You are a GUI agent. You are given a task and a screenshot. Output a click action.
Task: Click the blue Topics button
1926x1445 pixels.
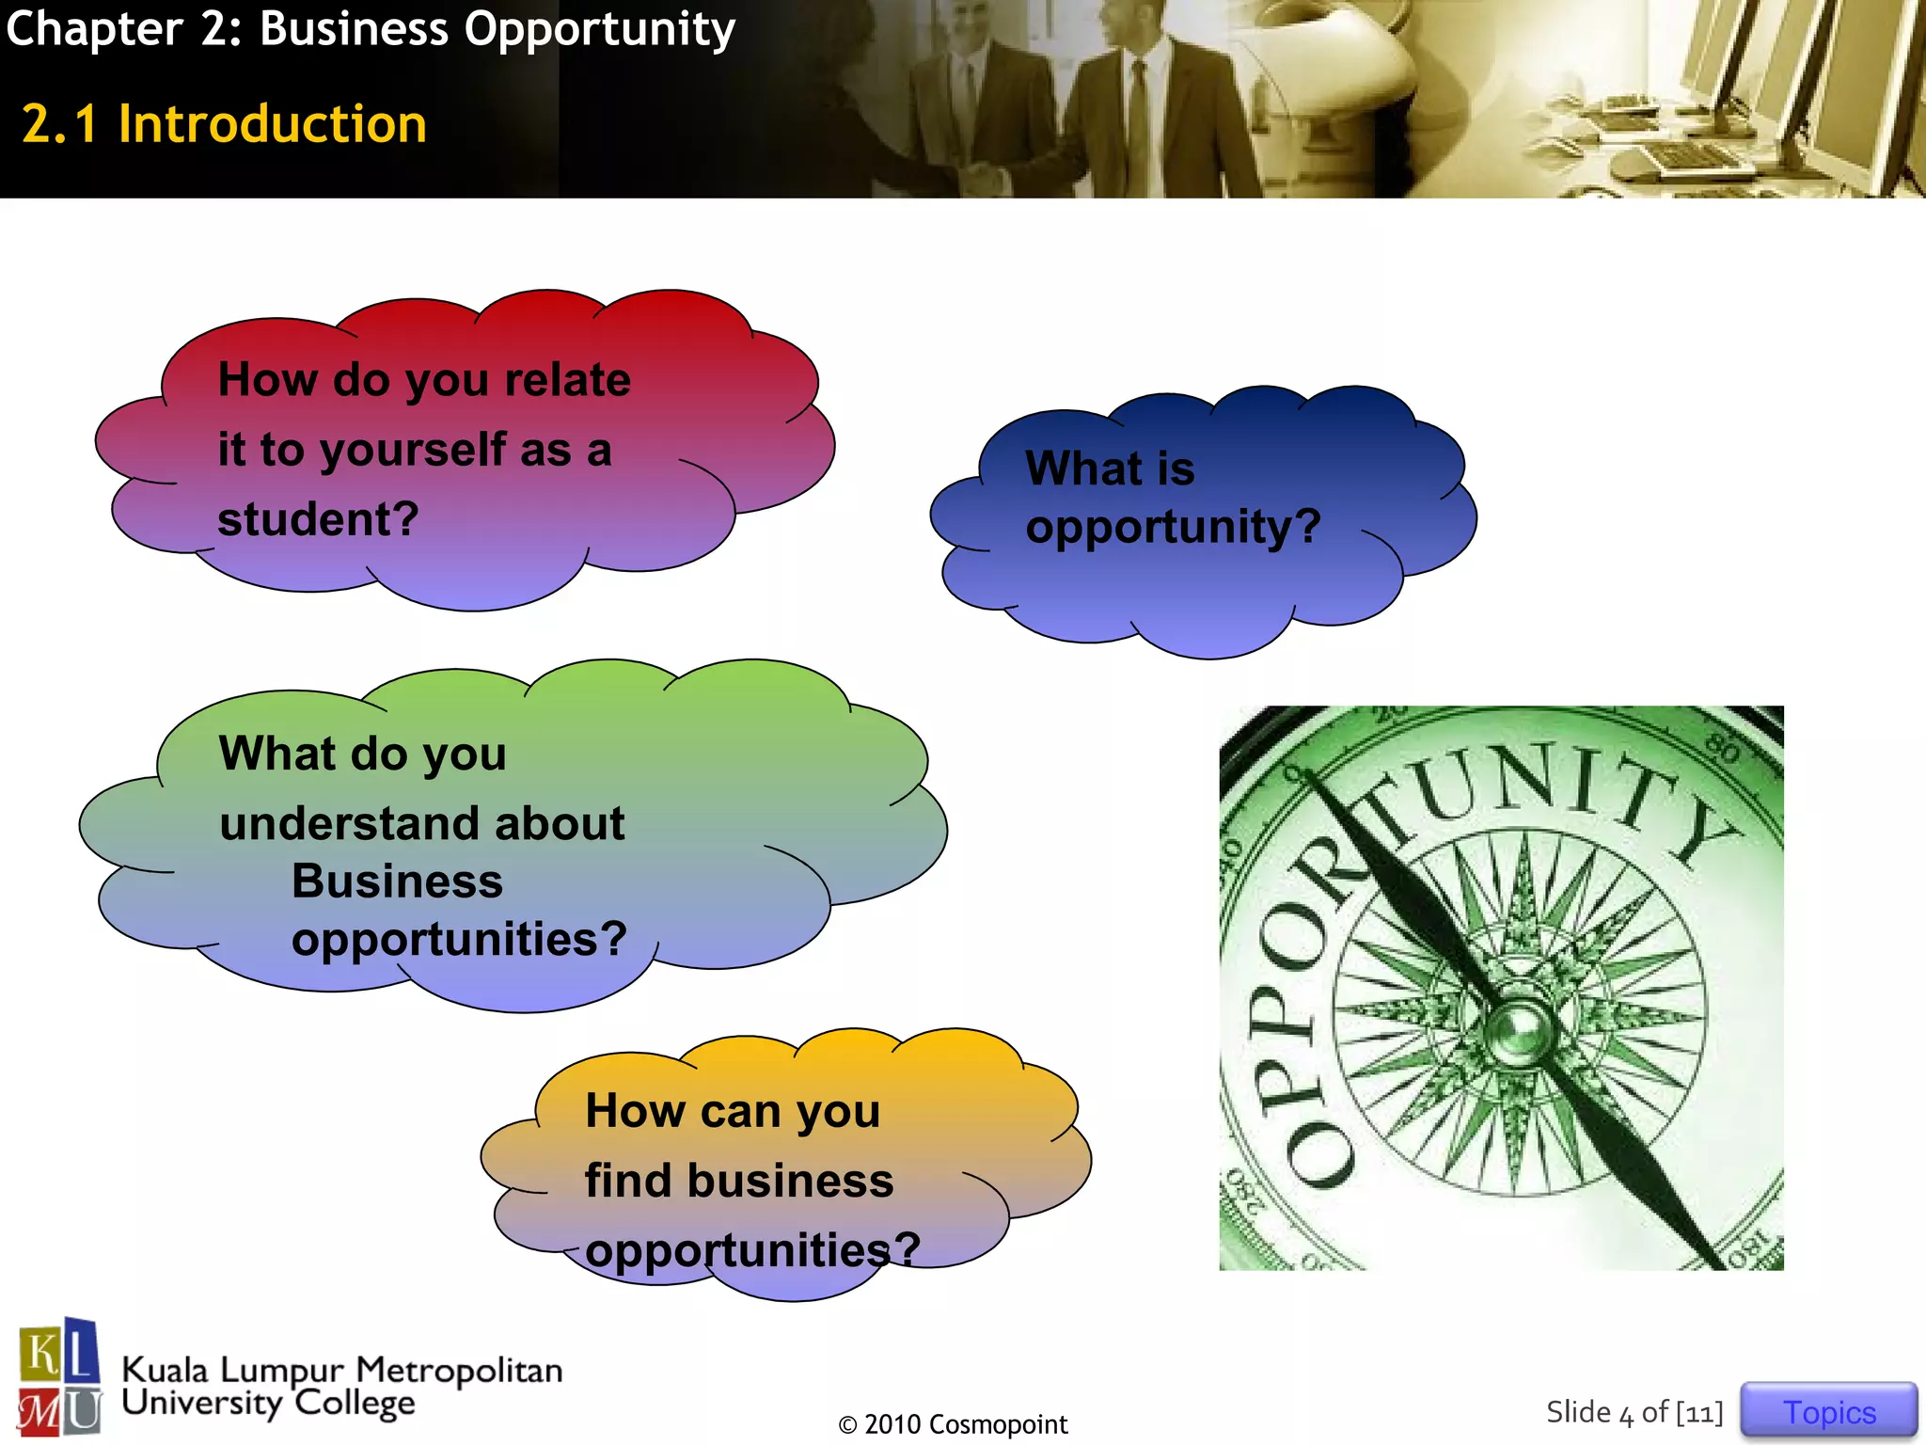[1828, 1411]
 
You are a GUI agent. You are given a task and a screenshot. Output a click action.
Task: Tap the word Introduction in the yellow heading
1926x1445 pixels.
[273, 124]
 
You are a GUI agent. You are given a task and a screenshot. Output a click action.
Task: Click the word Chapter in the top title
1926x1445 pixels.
[94, 28]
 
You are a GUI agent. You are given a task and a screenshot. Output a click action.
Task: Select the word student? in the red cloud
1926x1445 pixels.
[318, 519]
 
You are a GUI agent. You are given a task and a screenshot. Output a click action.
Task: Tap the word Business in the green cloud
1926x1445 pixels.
[397, 881]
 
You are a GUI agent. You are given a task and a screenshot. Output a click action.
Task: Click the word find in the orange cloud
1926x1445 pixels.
[626, 1181]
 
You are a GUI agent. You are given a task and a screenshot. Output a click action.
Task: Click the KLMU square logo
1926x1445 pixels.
[59, 1376]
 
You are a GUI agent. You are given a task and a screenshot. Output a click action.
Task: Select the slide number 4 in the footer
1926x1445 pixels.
[1626, 1414]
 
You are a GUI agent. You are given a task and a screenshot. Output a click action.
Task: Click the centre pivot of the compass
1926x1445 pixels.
[1516, 1025]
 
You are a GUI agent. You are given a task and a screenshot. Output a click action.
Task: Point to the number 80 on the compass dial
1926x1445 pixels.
[1723, 749]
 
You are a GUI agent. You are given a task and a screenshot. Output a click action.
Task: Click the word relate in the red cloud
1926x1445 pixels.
[567, 380]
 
